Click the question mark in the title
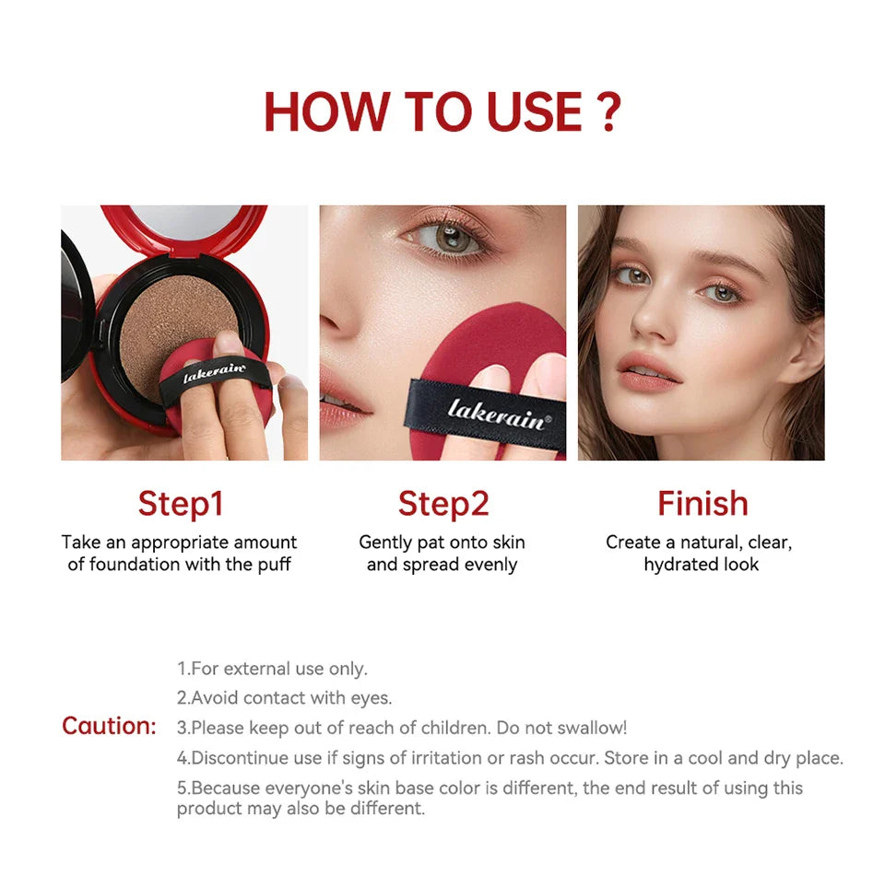pos(606,111)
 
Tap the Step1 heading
pos(181,504)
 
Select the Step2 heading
pos(443,504)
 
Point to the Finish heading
pos(702,504)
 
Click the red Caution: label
pos(109,726)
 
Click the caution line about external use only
pos(272,669)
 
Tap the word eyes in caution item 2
pos(372,698)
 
